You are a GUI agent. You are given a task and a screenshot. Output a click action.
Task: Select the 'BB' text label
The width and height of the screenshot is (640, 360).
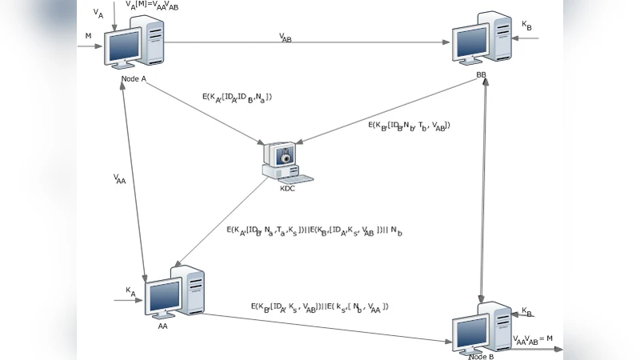point(481,74)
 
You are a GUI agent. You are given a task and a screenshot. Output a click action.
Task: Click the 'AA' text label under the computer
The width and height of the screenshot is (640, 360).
point(162,326)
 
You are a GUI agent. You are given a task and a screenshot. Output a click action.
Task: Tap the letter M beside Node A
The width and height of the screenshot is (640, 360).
point(88,36)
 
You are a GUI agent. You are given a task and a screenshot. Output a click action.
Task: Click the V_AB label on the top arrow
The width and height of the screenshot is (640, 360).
point(286,37)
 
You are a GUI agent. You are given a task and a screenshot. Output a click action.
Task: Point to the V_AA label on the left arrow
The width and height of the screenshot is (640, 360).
point(120,181)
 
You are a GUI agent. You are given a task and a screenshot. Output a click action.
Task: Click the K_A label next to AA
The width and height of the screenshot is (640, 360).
point(130,292)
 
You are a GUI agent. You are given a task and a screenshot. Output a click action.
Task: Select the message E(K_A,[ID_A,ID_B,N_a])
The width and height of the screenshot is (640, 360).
point(238,98)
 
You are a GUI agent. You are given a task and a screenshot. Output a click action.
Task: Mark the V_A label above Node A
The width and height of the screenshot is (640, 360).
point(98,14)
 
